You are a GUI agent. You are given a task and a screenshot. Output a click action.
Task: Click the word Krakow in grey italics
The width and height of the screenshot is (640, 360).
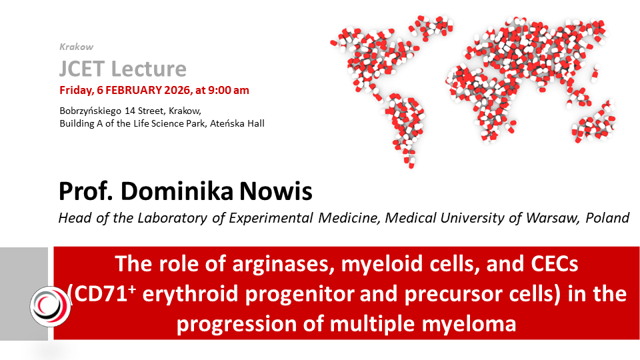[76, 47]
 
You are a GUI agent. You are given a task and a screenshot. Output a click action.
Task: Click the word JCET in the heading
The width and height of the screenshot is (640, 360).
[82, 69]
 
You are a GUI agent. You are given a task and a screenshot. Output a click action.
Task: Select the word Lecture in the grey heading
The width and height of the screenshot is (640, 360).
[149, 69]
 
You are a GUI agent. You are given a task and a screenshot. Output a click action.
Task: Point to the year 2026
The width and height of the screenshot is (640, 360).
[177, 90]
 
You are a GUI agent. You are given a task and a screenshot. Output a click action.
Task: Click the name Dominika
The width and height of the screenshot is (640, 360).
[177, 191]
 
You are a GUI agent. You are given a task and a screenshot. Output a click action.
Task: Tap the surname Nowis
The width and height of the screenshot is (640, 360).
[275, 191]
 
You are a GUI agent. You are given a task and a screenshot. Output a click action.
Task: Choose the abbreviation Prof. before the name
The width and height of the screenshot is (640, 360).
[86, 191]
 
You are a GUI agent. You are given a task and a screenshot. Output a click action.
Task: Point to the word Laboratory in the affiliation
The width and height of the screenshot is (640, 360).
[173, 219]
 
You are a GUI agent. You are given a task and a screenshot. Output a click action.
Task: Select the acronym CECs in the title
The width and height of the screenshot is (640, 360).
[555, 264]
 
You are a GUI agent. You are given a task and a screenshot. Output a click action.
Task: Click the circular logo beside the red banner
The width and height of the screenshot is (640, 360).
[50, 307]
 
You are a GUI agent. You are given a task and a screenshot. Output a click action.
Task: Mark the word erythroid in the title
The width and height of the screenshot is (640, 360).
[191, 294]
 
